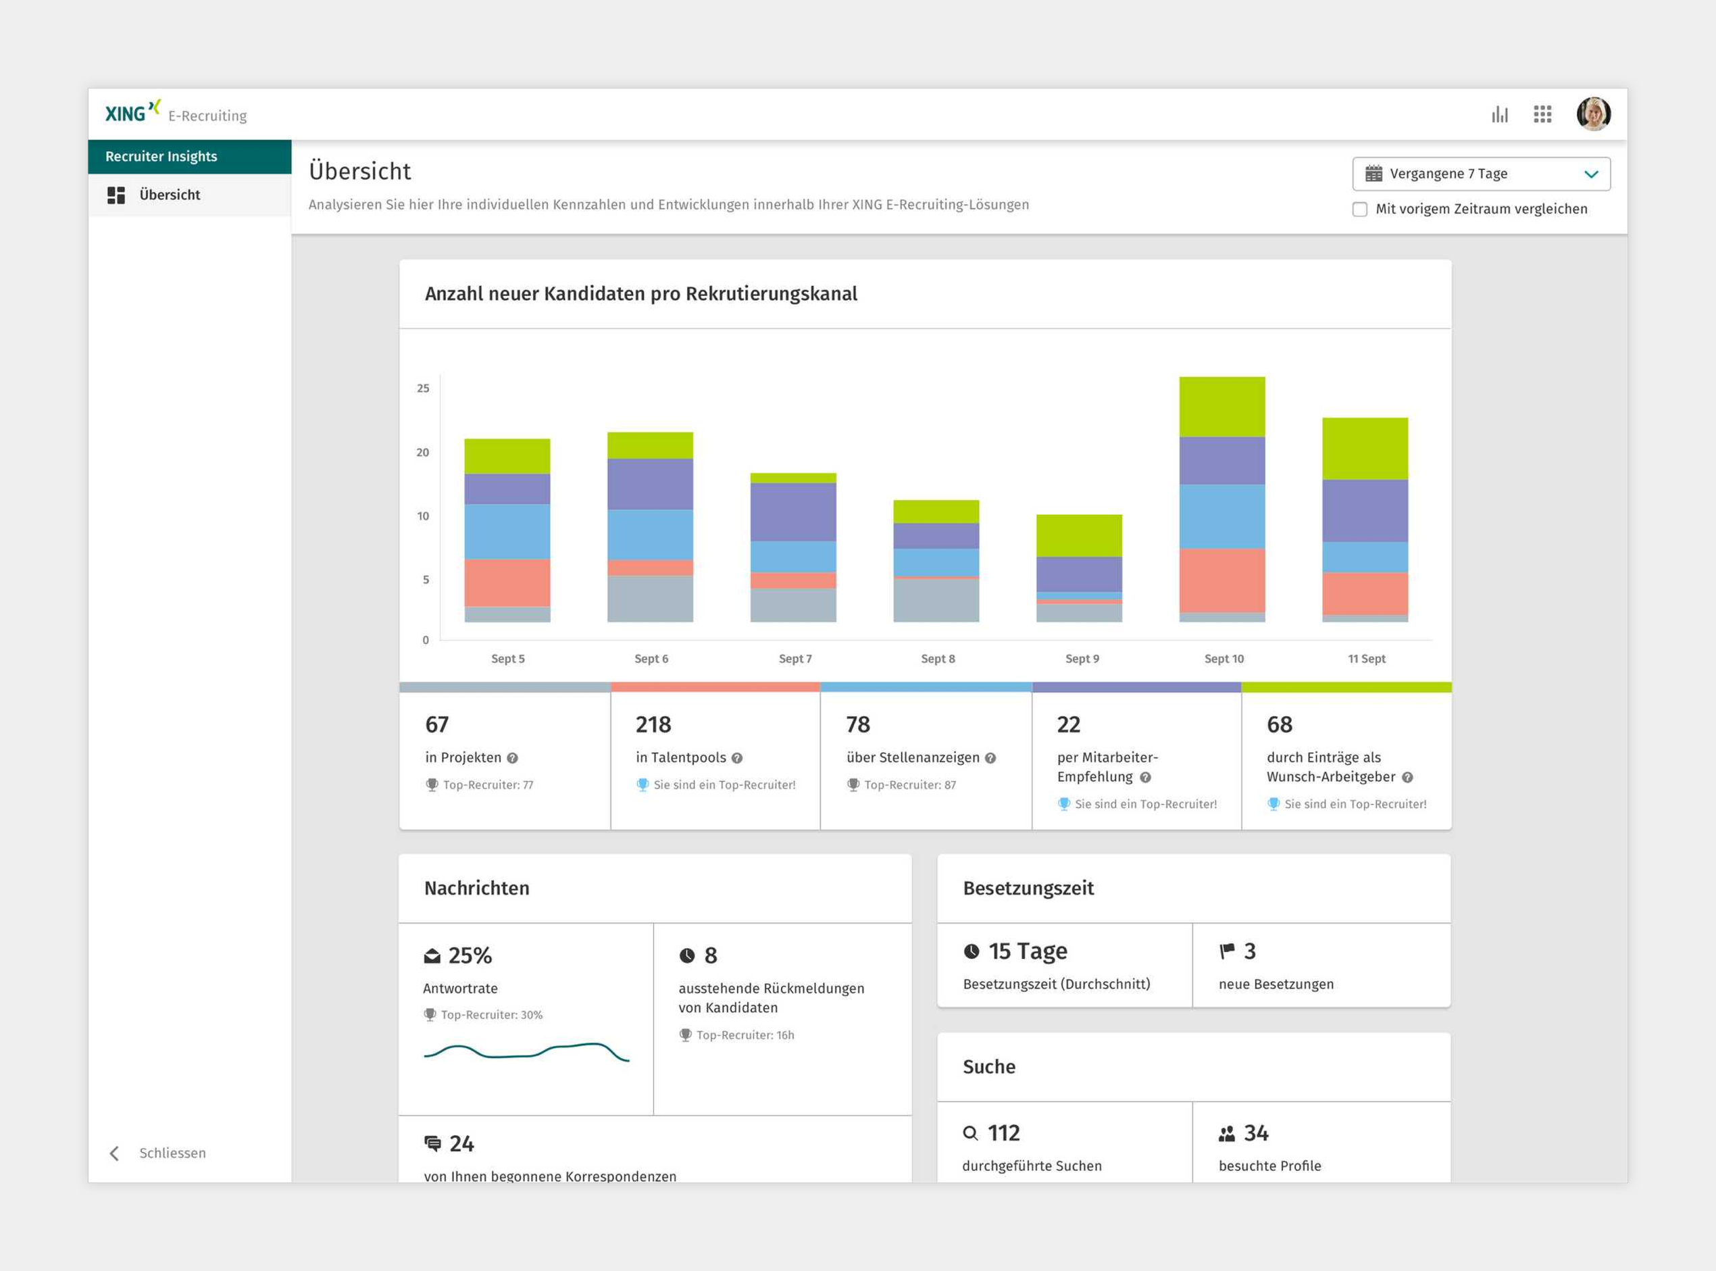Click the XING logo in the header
click(132, 112)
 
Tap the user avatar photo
click(1593, 114)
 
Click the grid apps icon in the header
click(1542, 115)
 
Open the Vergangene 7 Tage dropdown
click(1481, 174)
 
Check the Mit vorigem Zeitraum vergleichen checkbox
click(1360, 209)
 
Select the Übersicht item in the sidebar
click(169, 195)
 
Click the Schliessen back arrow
click(115, 1153)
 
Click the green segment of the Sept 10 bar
click(1221, 407)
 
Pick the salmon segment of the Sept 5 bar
click(507, 582)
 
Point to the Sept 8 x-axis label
click(938, 659)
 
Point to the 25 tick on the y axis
click(423, 389)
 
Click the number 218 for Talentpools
click(653, 725)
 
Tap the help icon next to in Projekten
click(512, 759)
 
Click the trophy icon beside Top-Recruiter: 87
click(853, 784)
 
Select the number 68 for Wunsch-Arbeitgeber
click(1279, 725)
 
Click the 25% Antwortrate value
click(470, 955)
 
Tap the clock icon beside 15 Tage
click(971, 951)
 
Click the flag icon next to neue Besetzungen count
click(1227, 951)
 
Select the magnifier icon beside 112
click(971, 1133)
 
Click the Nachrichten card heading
click(477, 889)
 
